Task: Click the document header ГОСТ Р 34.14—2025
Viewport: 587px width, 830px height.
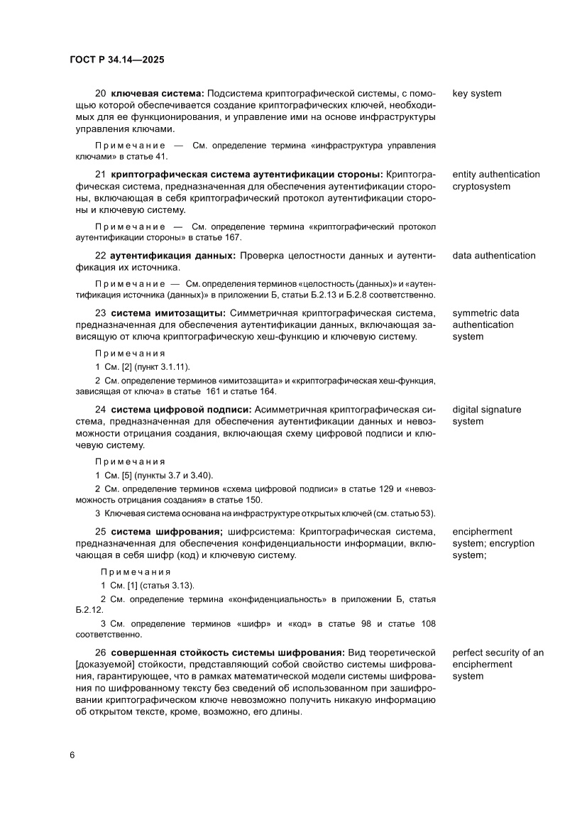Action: (x=117, y=60)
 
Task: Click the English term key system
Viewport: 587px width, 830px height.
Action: (x=477, y=94)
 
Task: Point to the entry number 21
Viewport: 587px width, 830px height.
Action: (x=100, y=175)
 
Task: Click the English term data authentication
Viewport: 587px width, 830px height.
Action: (x=494, y=256)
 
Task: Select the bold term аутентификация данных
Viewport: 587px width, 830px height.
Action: (x=172, y=256)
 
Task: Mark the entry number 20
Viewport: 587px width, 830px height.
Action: (x=100, y=94)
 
